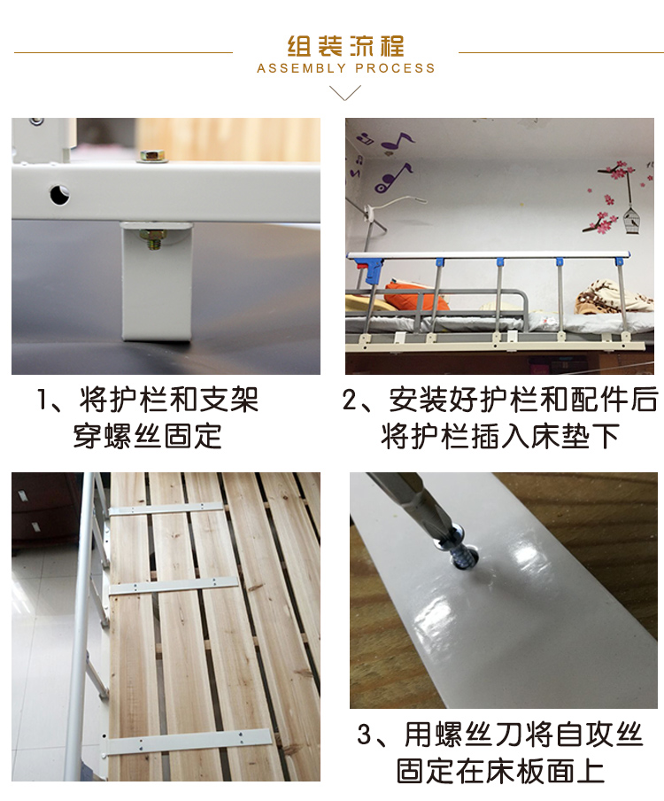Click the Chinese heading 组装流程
(x=345, y=46)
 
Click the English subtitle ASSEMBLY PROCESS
(x=345, y=68)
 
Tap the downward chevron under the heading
(x=345, y=92)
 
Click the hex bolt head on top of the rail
(x=153, y=156)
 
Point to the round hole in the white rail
(x=59, y=195)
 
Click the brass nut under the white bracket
(x=152, y=237)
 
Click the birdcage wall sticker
(x=631, y=220)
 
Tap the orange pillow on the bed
(x=416, y=295)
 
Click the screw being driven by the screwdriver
(x=463, y=551)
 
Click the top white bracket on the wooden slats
(x=166, y=509)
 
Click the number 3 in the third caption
(x=365, y=735)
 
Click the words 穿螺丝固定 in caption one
(x=148, y=436)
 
